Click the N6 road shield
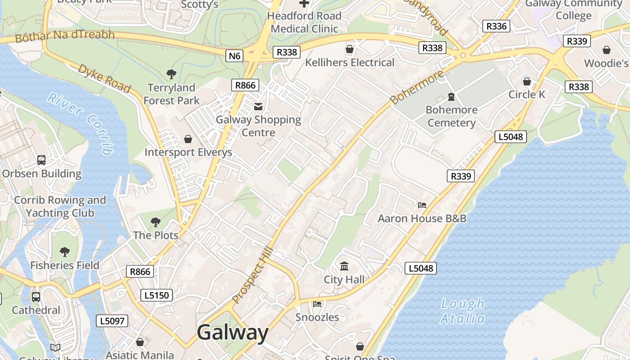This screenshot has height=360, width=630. point(234,56)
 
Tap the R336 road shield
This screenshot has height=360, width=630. point(496,26)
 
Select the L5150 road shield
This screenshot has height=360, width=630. point(156,295)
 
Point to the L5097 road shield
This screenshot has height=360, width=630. point(112,321)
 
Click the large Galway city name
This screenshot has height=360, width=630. point(233,333)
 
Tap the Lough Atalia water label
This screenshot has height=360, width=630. point(463,311)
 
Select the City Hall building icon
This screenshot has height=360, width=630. point(344,266)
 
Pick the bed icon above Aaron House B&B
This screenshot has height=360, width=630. point(422,205)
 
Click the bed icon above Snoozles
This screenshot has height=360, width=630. point(317,304)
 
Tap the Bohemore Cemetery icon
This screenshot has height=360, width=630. point(451,97)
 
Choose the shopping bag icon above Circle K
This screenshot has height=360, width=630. point(526,81)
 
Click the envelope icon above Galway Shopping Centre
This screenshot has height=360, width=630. point(258,107)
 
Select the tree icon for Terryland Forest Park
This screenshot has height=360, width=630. point(171,74)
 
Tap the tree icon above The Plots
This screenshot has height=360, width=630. point(156,222)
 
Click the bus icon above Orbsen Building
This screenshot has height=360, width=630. point(41,160)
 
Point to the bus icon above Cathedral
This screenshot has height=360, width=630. point(36,297)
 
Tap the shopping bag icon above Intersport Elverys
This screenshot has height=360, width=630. point(188,139)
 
